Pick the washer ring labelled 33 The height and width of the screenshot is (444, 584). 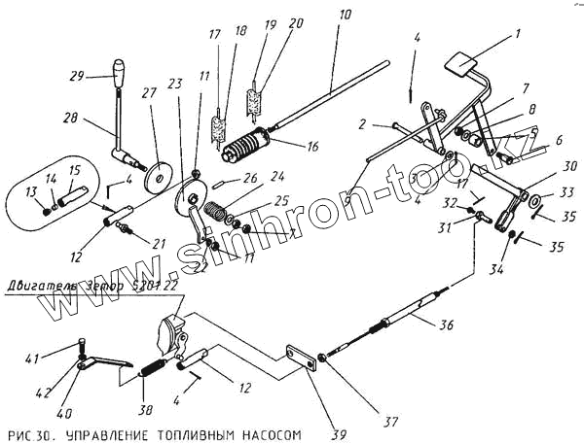coord(535,201)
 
